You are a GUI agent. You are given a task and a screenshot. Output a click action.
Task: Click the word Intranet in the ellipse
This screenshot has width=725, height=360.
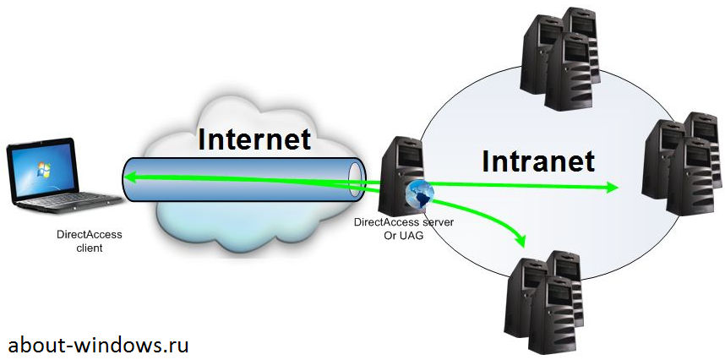538,160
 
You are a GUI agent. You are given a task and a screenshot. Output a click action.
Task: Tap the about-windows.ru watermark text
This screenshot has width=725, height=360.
98,345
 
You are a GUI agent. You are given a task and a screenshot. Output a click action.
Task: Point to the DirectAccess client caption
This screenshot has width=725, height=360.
84,241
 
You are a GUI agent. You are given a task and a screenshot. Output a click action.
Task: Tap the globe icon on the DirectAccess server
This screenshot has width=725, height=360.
419,194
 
